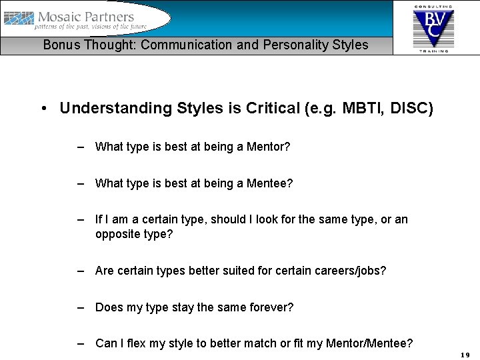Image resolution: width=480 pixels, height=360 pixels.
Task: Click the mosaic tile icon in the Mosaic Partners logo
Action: tap(19, 19)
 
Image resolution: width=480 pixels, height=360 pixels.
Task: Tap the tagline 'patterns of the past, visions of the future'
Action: tap(91, 27)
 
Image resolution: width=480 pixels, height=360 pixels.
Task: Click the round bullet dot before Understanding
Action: tap(43, 109)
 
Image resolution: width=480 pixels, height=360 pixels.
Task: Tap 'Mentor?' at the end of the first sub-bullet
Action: tap(269, 147)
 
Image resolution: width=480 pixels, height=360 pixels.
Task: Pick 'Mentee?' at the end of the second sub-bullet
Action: tap(270, 183)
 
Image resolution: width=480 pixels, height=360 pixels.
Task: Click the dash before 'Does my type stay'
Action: tap(80, 307)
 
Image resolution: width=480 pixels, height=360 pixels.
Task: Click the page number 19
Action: tap(465, 355)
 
